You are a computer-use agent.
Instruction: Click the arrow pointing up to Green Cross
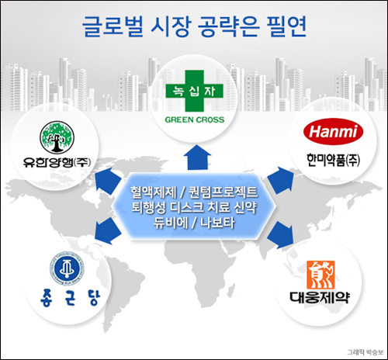coord(193,160)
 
